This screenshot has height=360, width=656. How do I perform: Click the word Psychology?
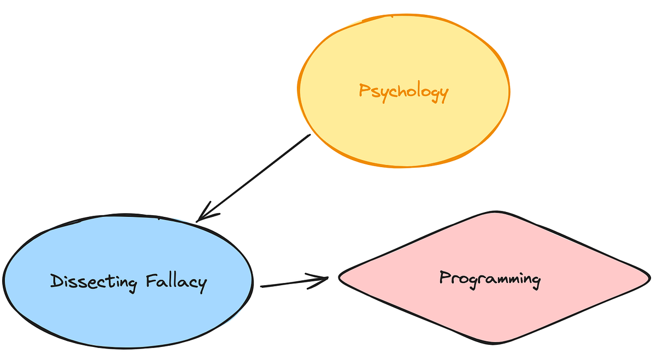(x=403, y=91)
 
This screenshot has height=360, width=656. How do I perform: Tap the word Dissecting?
(x=93, y=282)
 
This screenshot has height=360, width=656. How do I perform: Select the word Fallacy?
(x=177, y=282)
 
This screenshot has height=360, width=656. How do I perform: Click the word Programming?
(x=490, y=279)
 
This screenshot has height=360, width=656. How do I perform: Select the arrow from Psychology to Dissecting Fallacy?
(x=254, y=177)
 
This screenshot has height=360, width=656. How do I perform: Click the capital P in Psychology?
(x=364, y=90)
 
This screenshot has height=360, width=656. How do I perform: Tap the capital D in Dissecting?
(x=56, y=281)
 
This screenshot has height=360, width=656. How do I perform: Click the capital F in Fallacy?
(x=152, y=281)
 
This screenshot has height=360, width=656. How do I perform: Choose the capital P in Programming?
(x=444, y=278)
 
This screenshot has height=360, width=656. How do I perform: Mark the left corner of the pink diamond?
(x=339, y=278)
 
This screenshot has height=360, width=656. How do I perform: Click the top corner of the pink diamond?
(x=495, y=212)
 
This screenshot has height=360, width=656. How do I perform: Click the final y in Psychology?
(x=443, y=94)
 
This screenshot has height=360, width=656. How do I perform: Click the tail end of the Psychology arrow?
(x=309, y=135)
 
